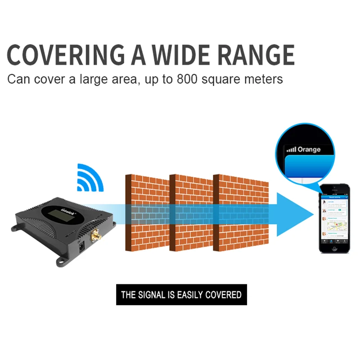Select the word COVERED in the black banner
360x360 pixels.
223,295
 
